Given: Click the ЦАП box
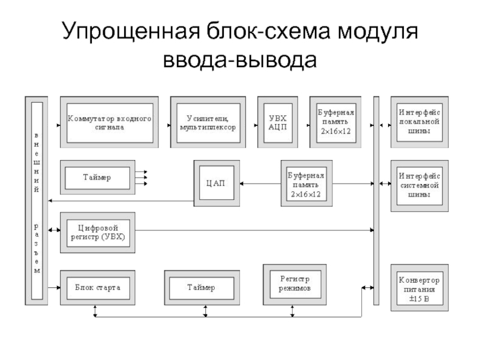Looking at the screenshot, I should pos(217,182).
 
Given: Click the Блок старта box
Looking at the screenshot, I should pos(98,287).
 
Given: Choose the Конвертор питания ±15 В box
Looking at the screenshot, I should pos(419,287).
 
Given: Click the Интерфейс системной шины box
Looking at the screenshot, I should pos(419,185).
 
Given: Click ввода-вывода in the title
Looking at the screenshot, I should pos(239,60).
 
